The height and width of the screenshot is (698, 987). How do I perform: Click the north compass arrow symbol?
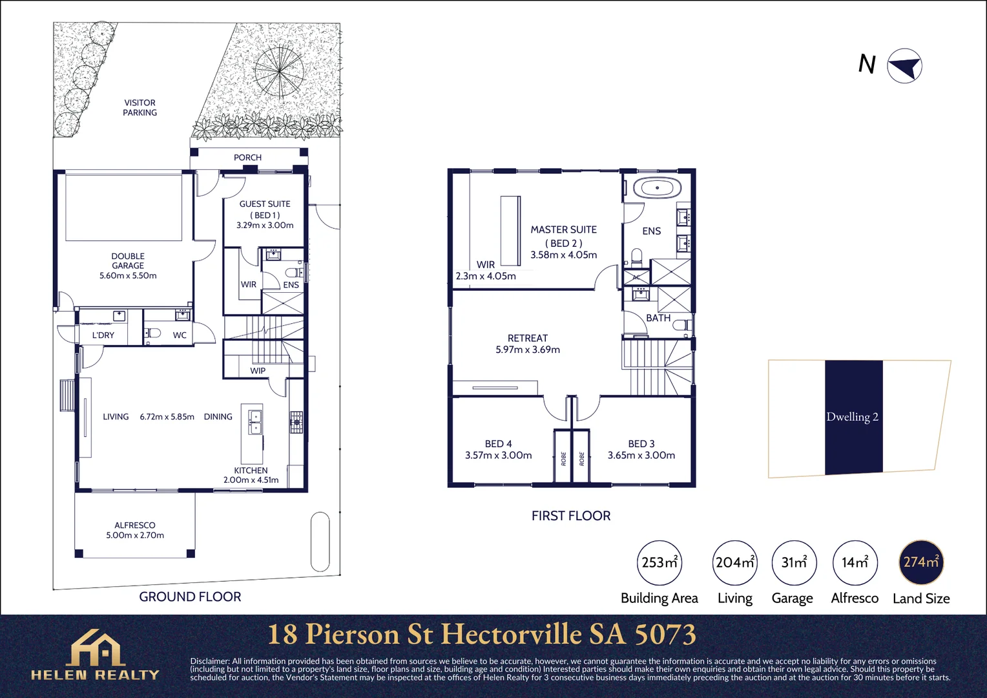[x=904, y=66]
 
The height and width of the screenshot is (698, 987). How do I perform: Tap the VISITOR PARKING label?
[x=140, y=107]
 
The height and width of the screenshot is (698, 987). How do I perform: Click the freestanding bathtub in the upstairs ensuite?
[x=657, y=189]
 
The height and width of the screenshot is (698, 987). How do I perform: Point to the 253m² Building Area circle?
[x=659, y=562]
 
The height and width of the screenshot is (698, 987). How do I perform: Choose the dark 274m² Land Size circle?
[x=920, y=562]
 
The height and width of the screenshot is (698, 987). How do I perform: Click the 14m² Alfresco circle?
[x=854, y=562]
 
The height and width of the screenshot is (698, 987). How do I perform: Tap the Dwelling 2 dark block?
[x=853, y=417]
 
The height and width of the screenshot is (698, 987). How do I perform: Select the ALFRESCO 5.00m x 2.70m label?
[x=135, y=530]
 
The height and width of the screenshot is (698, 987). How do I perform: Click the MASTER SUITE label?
[x=563, y=230]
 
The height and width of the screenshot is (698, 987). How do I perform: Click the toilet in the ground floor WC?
[x=153, y=333]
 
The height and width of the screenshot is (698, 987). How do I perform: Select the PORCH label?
[x=247, y=158]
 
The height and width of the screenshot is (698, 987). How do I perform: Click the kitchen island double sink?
[x=255, y=421]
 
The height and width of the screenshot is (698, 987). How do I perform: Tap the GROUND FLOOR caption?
[x=190, y=597]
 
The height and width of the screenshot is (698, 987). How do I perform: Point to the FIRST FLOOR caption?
[x=570, y=516]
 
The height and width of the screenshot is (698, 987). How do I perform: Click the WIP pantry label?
[x=258, y=371]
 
